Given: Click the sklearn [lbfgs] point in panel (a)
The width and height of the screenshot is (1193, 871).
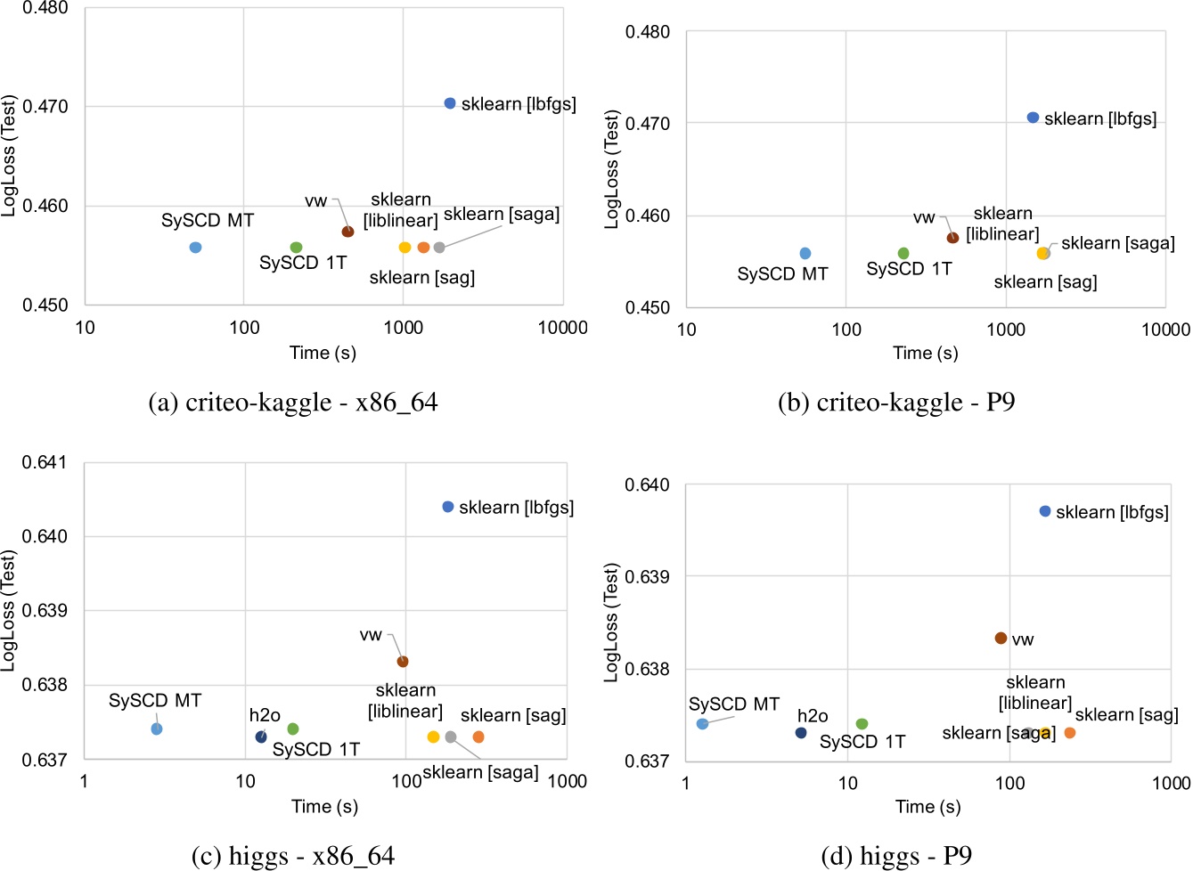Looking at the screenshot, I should pos(450,103).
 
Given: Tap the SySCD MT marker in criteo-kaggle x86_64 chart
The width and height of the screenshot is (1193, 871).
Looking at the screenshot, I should pos(195,248).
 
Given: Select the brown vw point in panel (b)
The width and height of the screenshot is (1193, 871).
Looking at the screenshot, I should pos(952,238).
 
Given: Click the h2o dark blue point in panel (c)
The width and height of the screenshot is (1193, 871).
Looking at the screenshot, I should pos(261,737).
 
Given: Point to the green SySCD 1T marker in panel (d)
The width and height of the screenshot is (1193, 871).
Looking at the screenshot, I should pos(862,724).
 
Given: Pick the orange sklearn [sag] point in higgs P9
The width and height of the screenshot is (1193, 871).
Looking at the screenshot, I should pos(1070,733).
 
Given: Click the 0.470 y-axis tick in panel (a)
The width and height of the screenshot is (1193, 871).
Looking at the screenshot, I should pos(45,107).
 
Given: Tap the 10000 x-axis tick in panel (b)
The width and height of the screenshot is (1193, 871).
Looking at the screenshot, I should pos(1165,330).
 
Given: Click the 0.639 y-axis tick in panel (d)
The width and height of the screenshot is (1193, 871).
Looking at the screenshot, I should pos(647,577).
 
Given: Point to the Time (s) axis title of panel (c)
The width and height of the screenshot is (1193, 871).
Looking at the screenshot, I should pos(324,807).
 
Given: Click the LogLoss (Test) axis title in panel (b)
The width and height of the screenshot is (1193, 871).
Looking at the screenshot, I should pos(611,169).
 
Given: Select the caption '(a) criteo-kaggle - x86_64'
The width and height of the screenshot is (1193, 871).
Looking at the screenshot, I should pos(293,403).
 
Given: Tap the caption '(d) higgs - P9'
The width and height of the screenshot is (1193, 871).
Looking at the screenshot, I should pos(895,857).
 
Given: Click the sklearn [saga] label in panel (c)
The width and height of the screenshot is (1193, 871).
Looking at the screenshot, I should pos(480,772).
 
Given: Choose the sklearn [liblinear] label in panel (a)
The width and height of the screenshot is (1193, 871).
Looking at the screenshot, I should pos(401,210).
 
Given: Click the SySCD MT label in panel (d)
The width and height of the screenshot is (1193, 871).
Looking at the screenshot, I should pos(734,704).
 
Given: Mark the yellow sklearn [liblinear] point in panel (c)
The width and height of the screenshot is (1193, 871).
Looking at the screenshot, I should pos(433,737).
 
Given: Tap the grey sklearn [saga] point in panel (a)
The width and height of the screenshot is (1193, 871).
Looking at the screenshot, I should pos(439,248).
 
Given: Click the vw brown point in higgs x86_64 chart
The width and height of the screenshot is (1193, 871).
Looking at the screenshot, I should pos(403,662).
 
